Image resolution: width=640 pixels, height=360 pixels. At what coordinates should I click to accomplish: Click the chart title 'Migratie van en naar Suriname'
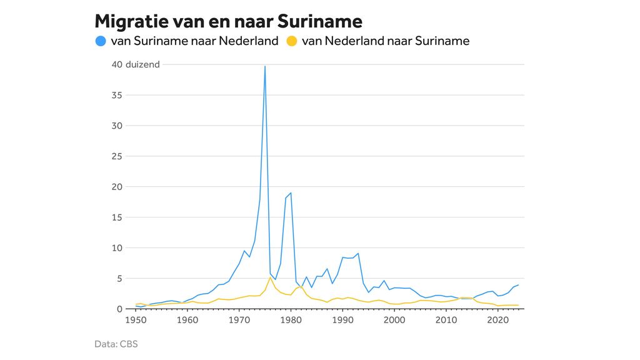coord(228,21)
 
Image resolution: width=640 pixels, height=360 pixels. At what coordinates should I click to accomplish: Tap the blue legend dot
coord(101,42)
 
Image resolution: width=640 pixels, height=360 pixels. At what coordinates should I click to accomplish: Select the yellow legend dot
coord(291,42)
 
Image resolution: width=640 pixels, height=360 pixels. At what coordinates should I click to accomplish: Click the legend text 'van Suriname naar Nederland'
coord(194,42)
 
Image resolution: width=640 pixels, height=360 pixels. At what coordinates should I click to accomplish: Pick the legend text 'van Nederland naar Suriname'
coord(385,42)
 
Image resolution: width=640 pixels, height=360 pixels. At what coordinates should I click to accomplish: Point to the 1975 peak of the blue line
coord(265,66)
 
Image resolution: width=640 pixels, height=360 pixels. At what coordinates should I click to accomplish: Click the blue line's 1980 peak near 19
coord(291,192)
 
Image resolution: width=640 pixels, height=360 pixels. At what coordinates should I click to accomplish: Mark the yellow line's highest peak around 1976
coord(270,277)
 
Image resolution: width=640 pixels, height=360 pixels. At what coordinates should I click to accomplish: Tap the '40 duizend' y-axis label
coord(136,64)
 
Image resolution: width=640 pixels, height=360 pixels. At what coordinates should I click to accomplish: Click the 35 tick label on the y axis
coord(117,95)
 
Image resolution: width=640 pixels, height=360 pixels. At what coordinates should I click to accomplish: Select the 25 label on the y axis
coord(117,156)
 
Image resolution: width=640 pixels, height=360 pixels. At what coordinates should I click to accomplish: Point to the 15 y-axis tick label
coord(117,217)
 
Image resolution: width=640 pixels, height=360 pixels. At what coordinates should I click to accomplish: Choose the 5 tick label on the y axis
coord(119,279)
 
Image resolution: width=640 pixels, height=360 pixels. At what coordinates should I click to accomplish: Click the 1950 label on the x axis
coord(135,320)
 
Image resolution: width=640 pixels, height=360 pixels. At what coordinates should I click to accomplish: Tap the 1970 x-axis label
coord(239,320)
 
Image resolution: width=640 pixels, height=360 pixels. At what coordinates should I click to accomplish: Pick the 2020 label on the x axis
coord(497,320)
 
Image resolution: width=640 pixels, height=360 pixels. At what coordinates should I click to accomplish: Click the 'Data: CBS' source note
coord(116,344)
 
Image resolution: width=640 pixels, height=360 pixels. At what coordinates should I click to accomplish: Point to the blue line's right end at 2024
coord(518,285)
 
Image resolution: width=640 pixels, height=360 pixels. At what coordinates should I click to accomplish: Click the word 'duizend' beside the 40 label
coord(142,64)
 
